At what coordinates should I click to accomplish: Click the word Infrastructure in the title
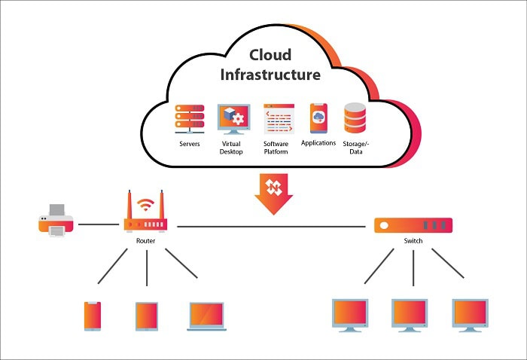coord(270,75)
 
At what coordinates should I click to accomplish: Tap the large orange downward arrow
coord(274,193)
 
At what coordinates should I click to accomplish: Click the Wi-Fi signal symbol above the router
coord(146,203)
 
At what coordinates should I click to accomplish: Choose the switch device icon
coord(413,224)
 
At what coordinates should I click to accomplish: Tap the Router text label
coord(146,241)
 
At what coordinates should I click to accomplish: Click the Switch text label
coord(413,241)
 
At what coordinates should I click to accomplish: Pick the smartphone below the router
coord(93,316)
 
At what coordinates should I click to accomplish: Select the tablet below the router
coord(146,316)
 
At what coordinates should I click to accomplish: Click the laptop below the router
coord(206,316)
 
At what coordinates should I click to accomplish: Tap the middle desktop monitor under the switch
coord(410,314)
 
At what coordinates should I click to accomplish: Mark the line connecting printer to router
coord(98,224)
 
